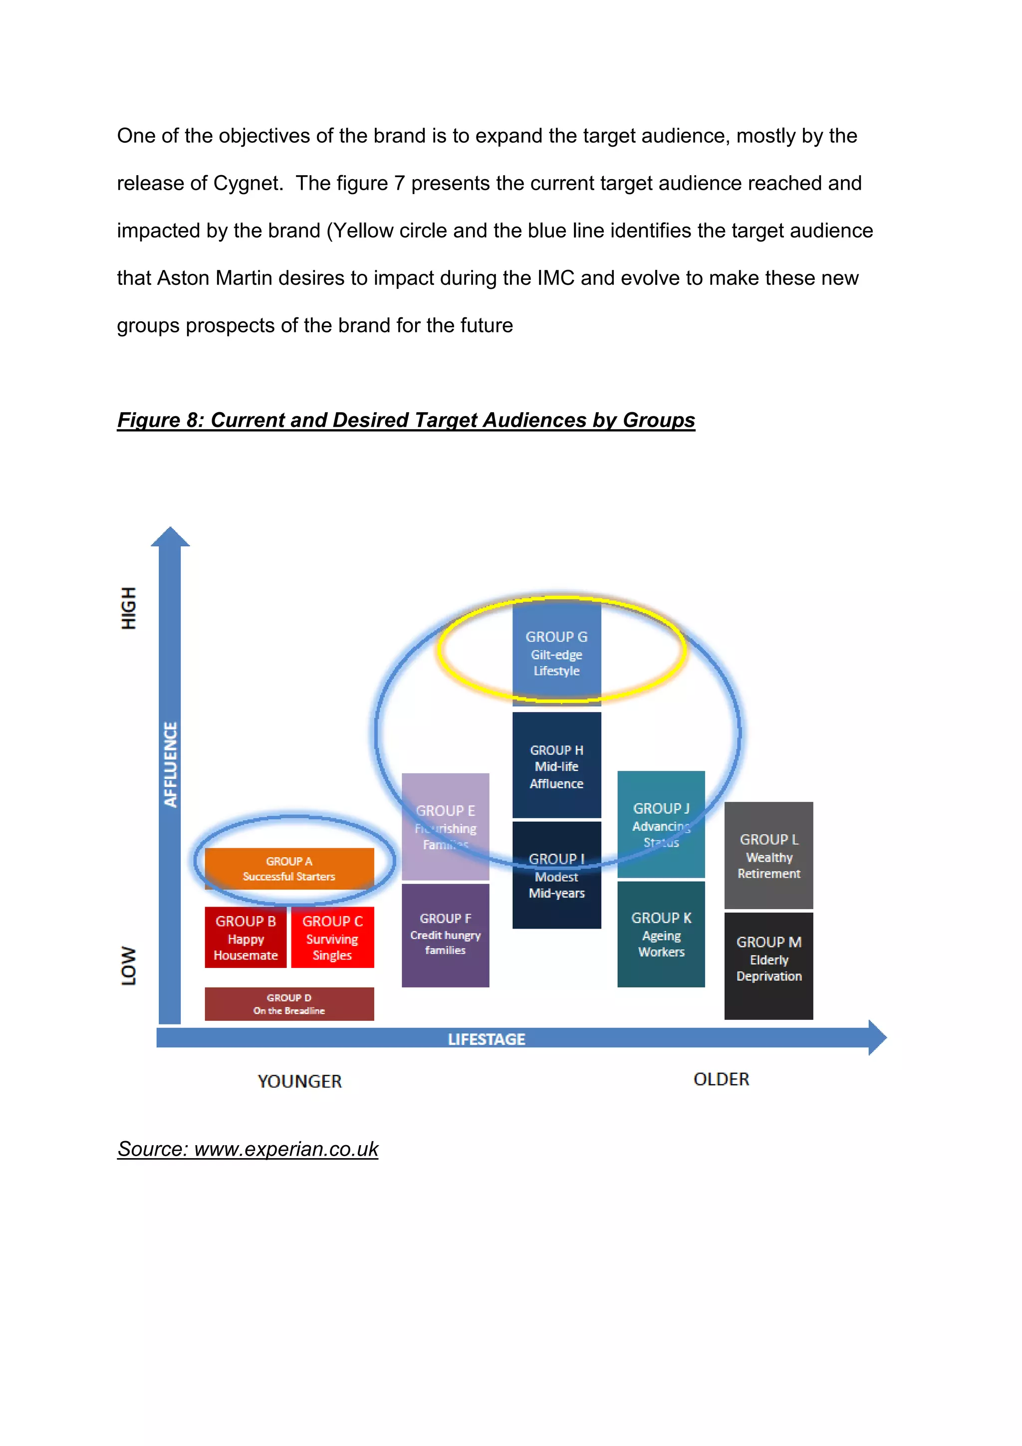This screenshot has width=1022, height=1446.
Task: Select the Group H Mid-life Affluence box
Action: coord(556,766)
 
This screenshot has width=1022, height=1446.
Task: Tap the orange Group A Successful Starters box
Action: coord(289,869)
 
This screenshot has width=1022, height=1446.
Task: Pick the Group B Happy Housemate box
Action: coord(246,937)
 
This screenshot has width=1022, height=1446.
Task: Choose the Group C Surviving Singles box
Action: coord(332,937)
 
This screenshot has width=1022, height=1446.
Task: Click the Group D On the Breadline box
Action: coord(289,1003)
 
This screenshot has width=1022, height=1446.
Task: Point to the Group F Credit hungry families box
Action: coord(445,935)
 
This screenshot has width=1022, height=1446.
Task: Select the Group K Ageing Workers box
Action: coord(661,934)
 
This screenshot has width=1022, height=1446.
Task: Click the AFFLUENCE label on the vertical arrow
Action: coord(170,764)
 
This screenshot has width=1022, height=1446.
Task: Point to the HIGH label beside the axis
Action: coord(128,608)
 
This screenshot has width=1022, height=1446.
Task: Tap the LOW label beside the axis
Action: coord(128,965)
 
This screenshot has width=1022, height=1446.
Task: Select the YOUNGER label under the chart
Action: coord(300,1081)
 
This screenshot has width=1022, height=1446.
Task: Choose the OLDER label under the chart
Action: coord(721,1079)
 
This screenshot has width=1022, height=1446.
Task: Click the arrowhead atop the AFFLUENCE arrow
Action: coord(170,537)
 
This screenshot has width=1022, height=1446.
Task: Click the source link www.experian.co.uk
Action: coord(286,1149)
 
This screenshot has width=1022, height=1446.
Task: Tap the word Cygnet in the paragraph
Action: coord(246,183)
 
